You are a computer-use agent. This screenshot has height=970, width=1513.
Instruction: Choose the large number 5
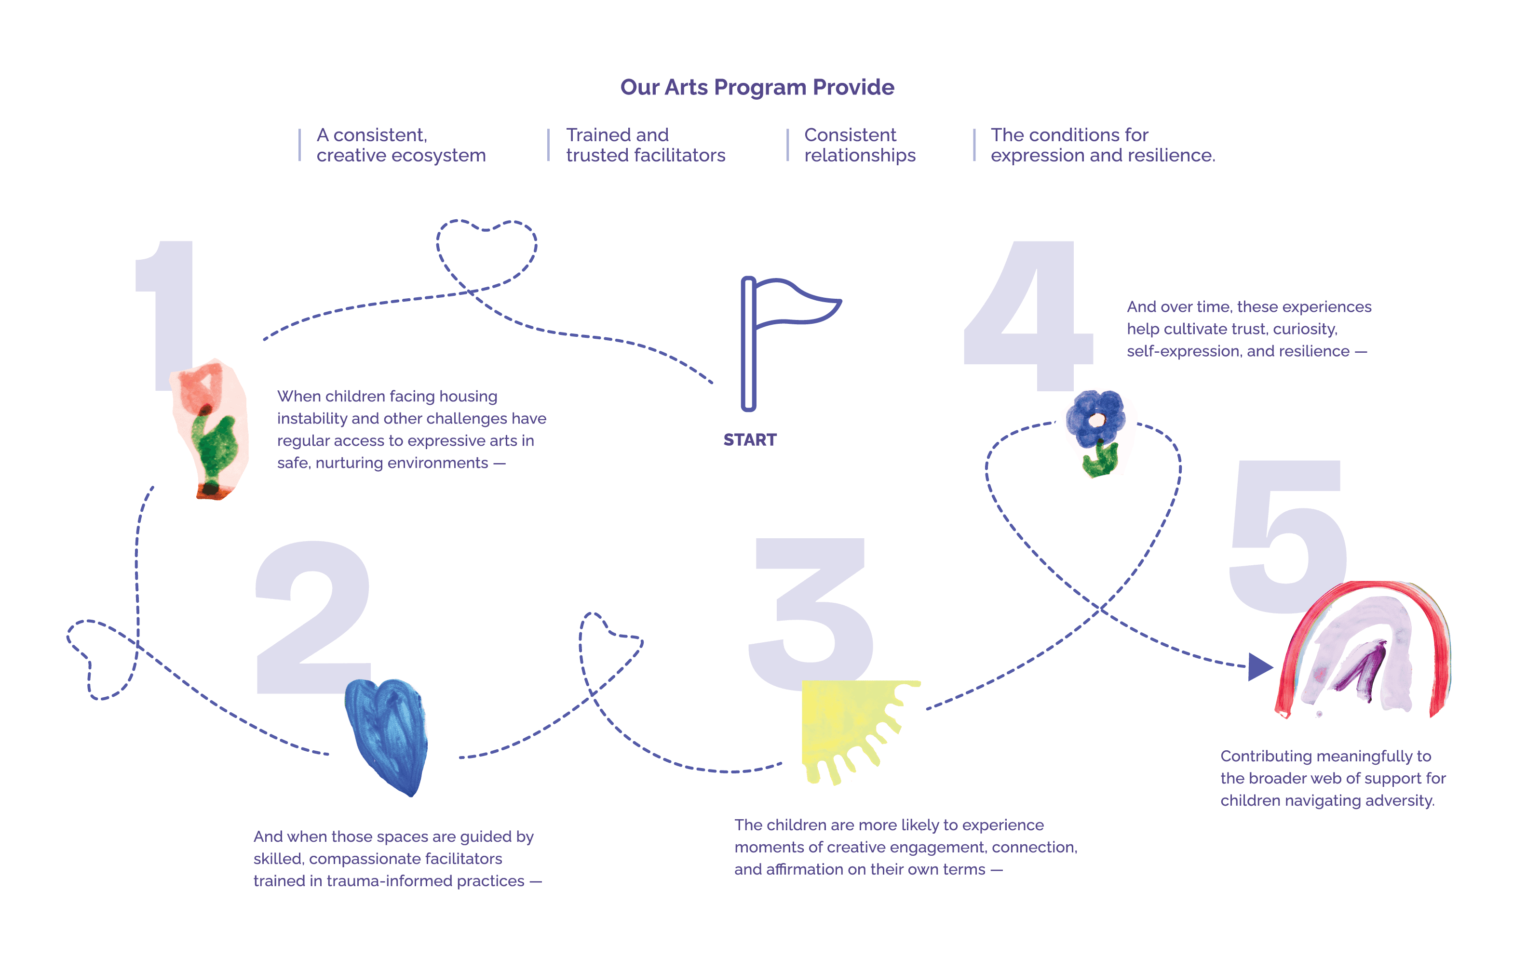pyautogui.click(x=1289, y=535)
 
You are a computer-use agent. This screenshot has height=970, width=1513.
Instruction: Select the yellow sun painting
pyautogui.click(x=844, y=724)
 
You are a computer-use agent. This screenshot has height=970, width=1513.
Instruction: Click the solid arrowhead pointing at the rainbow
pyautogui.click(x=1259, y=666)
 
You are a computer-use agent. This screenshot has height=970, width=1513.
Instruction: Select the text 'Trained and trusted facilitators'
pyautogui.click(x=645, y=145)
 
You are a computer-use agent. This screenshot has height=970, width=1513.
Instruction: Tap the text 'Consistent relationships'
pyautogui.click(x=860, y=145)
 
